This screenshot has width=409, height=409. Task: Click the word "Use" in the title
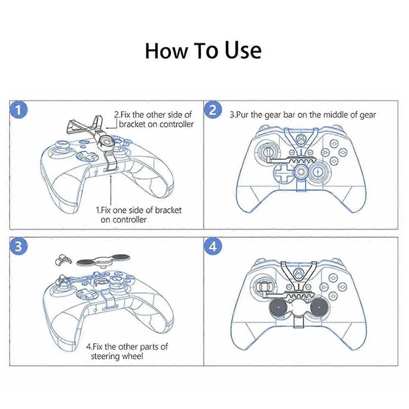[243, 51]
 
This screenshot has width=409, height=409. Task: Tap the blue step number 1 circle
[18, 110]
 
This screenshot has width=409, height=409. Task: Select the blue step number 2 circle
[213, 110]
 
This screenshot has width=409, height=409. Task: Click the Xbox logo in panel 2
[301, 140]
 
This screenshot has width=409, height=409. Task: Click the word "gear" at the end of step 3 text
[368, 115]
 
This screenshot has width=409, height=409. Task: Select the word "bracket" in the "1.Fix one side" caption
[168, 210]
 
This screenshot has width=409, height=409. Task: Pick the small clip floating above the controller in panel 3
[63, 260]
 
